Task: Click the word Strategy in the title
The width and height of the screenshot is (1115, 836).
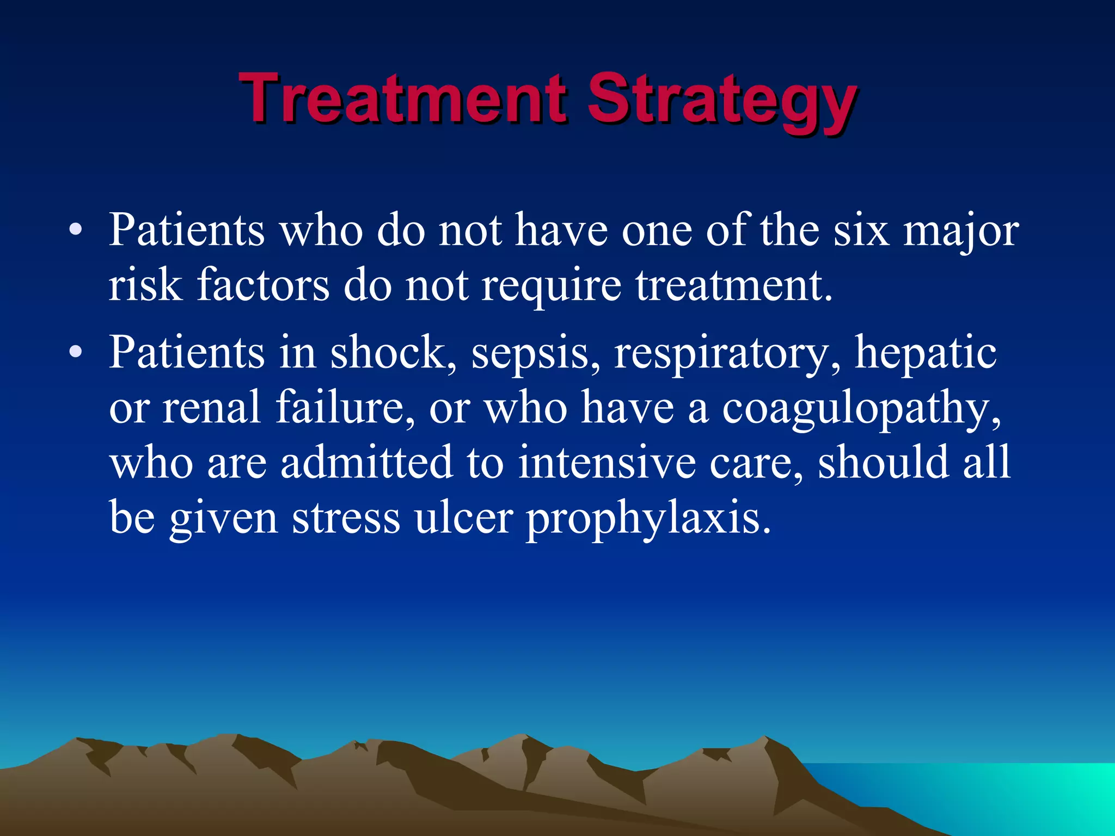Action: click(721, 101)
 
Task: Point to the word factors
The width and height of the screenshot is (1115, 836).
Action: click(263, 285)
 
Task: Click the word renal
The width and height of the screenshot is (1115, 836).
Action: click(212, 407)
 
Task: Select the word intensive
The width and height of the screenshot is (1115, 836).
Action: click(606, 462)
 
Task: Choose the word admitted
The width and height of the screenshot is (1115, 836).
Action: click(366, 462)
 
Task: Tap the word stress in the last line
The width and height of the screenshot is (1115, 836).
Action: click(346, 518)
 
